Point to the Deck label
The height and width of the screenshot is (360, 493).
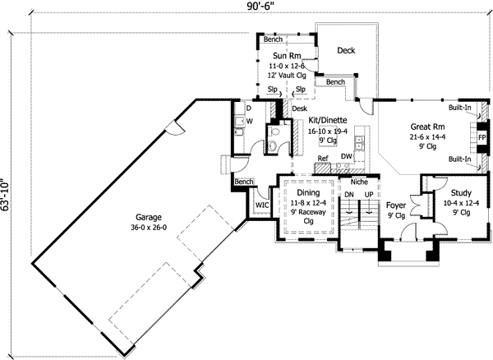[346, 51]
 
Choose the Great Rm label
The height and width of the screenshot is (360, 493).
[428, 127]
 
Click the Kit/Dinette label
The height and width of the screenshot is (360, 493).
[327, 120]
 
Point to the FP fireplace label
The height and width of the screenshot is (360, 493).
[482, 136]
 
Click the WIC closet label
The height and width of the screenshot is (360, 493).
[262, 205]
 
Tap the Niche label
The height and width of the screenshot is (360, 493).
[358, 182]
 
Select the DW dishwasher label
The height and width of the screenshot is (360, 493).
[347, 156]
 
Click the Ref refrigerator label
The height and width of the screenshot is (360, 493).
[323, 159]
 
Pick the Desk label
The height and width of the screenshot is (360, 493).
[299, 108]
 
